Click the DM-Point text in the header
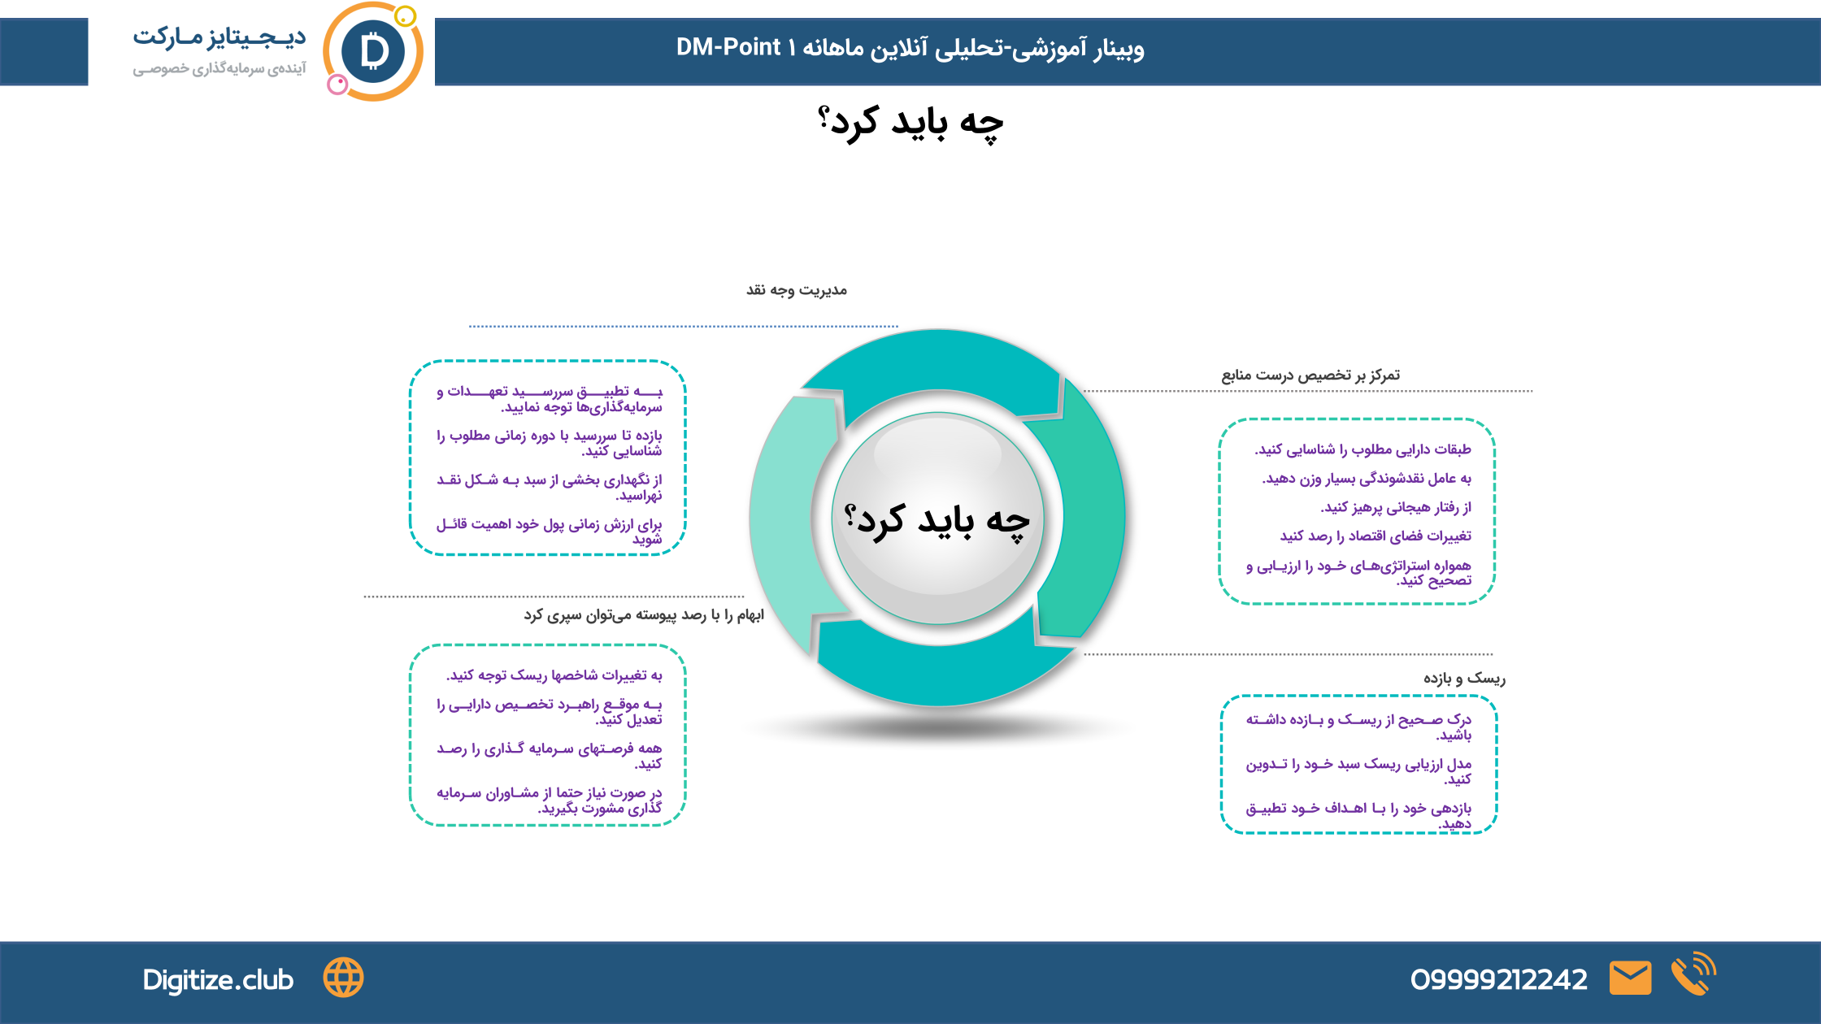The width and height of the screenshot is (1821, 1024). pos(728,47)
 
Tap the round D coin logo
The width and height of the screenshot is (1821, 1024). pos(374,52)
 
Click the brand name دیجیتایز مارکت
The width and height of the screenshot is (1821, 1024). pos(219,37)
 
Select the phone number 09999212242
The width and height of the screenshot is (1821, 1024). pos(1498,979)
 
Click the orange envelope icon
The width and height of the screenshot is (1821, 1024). pos(1630,978)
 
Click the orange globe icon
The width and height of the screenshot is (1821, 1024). pos(344,978)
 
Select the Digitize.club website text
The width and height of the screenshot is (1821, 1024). pos(218,980)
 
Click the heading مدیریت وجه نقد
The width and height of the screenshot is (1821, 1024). pos(797,290)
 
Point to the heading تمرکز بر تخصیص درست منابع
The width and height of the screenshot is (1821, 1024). pos(1310,375)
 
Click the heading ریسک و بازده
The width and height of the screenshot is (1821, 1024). pos(1464,678)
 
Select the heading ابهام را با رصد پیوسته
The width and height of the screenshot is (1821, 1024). pos(644,615)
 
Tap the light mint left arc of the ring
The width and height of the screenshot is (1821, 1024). pos(780,520)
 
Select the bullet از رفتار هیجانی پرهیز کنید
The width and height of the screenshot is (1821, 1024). pos(1396,507)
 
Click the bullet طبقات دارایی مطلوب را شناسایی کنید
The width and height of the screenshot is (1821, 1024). pos(1362,449)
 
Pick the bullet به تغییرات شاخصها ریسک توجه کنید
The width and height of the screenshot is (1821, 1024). pos(554,675)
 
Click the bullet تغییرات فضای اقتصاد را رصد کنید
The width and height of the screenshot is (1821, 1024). pos(1376,536)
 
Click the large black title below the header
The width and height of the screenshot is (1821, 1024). pos(911,124)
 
